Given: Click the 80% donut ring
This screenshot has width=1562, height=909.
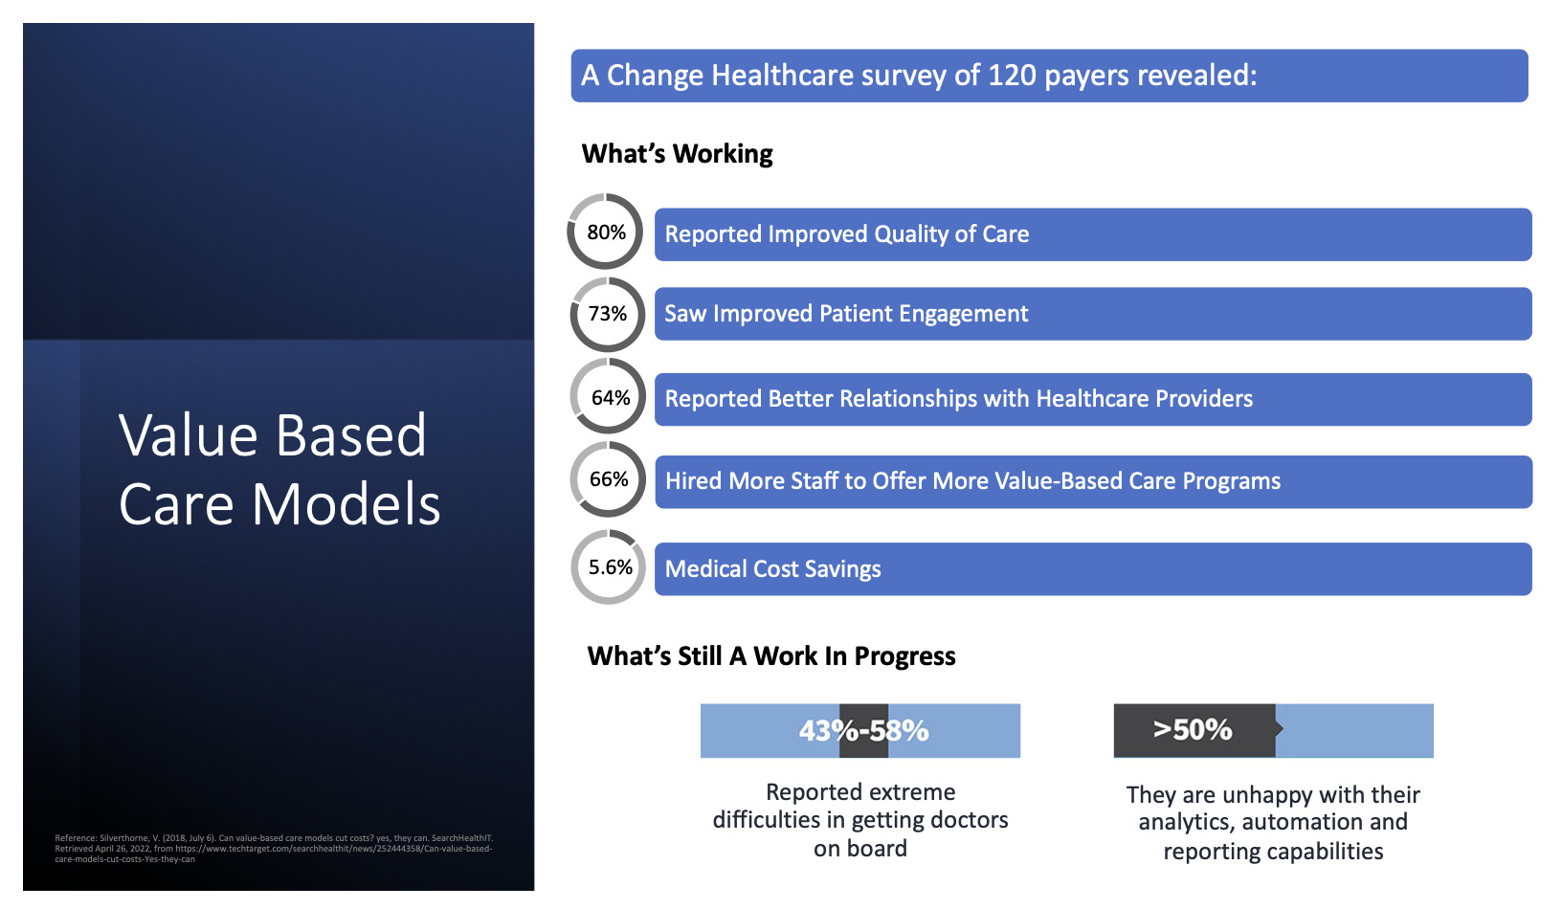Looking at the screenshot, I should coord(606,232).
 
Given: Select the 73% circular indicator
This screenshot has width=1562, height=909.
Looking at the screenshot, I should coord(607,314).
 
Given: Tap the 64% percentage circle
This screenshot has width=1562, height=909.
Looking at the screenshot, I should coord(609,397).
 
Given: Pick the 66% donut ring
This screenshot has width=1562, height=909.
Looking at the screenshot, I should coord(609,479).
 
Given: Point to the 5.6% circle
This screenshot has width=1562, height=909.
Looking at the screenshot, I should coord(609,567).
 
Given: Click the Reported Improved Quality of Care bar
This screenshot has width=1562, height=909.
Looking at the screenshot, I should coord(1092,234).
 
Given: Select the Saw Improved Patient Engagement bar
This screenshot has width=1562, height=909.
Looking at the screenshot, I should coord(1092,314).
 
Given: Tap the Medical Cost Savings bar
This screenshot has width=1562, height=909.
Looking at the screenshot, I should coord(1092,569).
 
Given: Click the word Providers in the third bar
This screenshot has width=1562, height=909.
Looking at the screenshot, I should coord(1203,399).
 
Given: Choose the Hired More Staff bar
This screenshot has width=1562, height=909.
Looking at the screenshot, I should coord(1092,481).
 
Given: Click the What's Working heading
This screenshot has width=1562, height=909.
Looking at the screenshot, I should coord(677,154).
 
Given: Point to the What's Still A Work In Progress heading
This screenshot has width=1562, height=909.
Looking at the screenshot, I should coord(771,656).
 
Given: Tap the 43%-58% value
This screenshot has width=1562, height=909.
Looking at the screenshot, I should coord(863,731).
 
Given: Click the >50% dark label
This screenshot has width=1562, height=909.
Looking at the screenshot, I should coord(1193,730).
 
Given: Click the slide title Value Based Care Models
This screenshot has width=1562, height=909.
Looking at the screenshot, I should coord(279,470).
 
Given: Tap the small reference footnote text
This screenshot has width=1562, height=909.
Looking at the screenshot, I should coord(274,849).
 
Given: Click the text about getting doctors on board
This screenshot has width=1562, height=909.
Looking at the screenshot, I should coord(860,820).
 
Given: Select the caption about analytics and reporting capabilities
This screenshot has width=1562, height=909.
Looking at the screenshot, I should coord(1273,823).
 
